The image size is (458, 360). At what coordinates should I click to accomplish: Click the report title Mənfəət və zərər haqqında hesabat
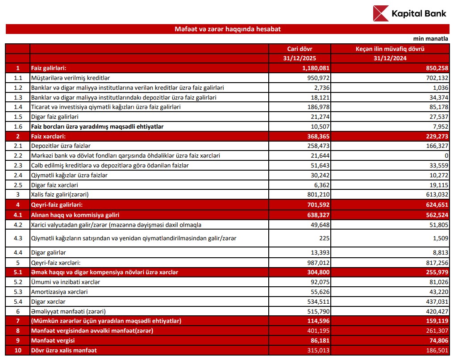click(x=228, y=29)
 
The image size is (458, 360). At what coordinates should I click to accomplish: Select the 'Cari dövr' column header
click(x=300, y=48)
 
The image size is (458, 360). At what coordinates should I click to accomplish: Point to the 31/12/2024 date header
click(x=389, y=58)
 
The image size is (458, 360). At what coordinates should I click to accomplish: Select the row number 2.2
click(x=17, y=156)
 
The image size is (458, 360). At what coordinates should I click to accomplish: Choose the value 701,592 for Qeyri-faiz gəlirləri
click(x=317, y=205)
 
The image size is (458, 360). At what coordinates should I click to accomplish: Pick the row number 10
click(x=17, y=350)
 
